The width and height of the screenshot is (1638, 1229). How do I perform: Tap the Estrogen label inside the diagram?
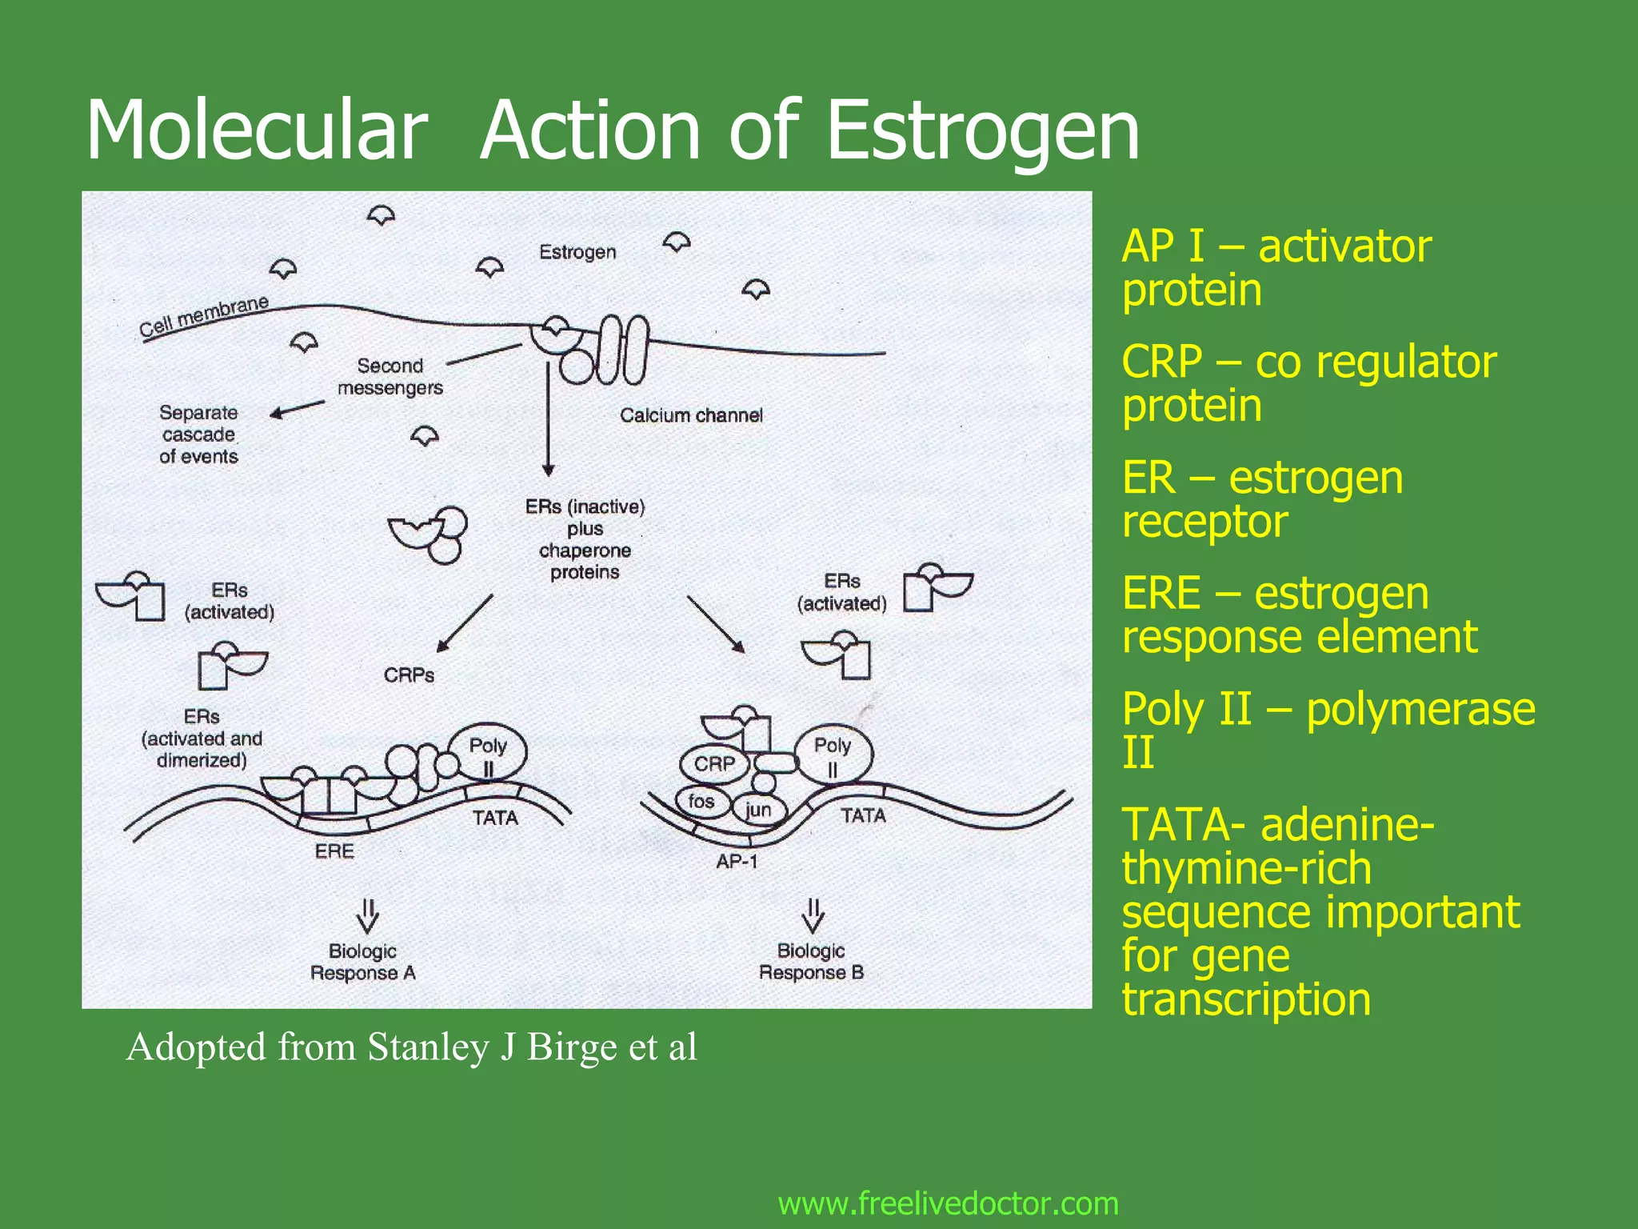[577, 252]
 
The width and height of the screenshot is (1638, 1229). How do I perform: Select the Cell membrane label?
[203, 317]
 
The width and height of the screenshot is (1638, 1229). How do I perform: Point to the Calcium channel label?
[691, 415]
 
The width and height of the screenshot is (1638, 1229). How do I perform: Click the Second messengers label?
[390, 377]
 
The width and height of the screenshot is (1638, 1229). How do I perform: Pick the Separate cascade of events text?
[198, 434]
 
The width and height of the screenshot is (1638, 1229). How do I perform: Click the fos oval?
[701, 801]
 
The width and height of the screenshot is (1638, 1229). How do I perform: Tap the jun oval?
[757, 810]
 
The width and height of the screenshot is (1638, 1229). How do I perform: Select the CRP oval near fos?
[713, 764]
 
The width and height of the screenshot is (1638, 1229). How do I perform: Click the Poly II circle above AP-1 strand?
[833, 755]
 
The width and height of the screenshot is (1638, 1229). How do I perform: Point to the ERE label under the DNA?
[334, 851]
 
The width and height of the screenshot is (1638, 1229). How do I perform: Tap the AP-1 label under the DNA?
[737, 862]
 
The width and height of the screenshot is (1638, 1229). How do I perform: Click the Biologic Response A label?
[363, 962]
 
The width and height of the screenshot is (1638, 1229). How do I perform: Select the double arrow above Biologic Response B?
[813, 915]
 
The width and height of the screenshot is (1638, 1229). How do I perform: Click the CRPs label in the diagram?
[409, 675]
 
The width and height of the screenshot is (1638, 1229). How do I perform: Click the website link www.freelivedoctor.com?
[948, 1203]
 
